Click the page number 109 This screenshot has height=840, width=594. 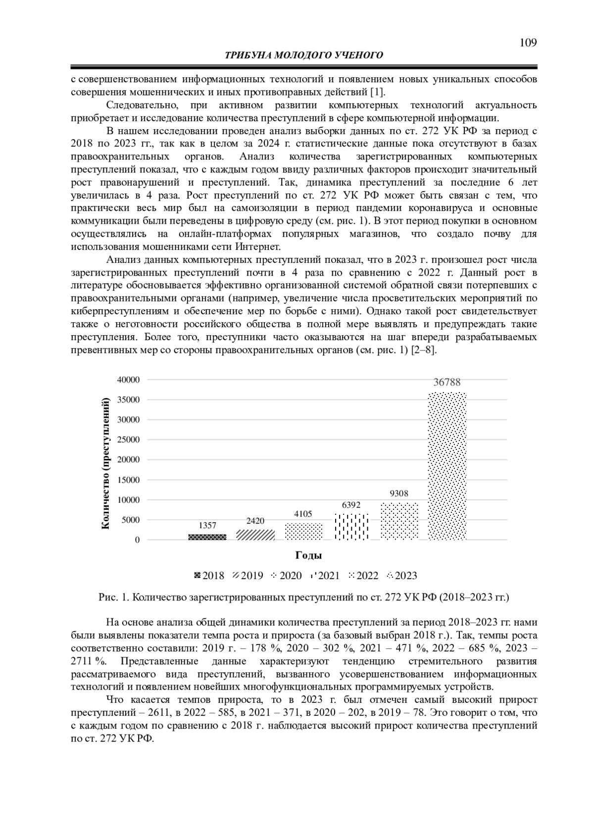(528, 43)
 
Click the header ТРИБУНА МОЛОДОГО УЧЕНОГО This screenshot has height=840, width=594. (304, 55)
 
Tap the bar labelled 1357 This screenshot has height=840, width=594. (207, 537)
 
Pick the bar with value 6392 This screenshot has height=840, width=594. (351, 527)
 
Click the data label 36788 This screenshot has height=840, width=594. (447, 382)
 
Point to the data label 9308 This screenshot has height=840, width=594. (399, 494)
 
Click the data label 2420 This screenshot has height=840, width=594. (255, 521)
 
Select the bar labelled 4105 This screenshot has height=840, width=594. (303, 531)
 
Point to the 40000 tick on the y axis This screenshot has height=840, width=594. (128, 380)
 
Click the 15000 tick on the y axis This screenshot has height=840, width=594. (128, 480)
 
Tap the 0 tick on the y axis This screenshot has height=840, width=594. (137, 540)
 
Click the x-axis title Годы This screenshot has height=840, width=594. (308, 555)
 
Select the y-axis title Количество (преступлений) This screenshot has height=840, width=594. (105, 463)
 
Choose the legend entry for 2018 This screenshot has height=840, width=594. (209, 576)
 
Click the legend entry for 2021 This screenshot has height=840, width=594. (325, 576)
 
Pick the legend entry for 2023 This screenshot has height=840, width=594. (402, 576)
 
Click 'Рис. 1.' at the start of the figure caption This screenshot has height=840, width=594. (113, 597)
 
